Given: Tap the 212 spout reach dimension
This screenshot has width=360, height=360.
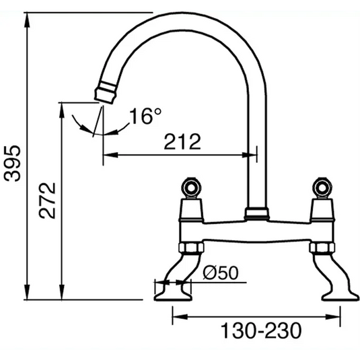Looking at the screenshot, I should coord(182,141).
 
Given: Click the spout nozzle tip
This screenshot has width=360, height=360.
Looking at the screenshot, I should coord(105,92).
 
